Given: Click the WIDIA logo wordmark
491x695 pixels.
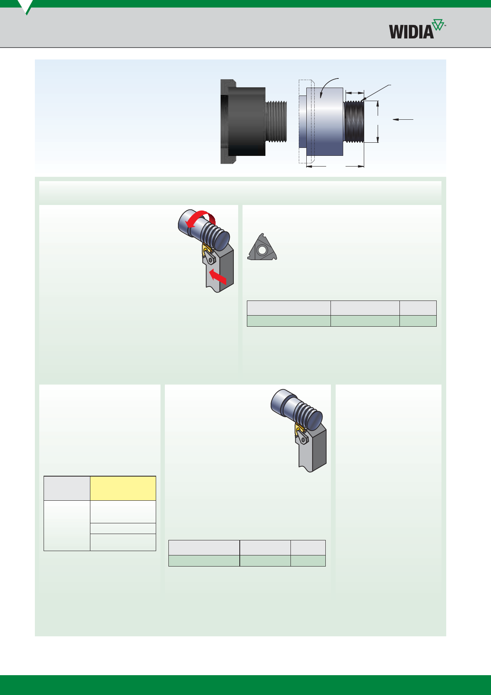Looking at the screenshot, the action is pyautogui.click(x=411, y=31).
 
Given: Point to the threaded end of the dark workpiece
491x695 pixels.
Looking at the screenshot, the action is pyautogui.click(x=275, y=121).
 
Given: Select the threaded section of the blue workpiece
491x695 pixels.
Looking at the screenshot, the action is pyautogui.click(x=353, y=121).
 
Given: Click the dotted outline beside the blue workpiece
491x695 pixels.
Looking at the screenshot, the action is pyautogui.click(x=306, y=121).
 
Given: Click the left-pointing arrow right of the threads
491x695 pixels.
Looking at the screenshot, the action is pyautogui.click(x=403, y=119).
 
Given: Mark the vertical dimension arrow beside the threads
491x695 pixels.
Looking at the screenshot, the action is pyautogui.click(x=378, y=121).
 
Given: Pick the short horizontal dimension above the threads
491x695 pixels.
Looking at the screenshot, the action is pyautogui.click(x=355, y=93).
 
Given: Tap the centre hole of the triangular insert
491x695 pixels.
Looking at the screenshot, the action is pyautogui.click(x=261, y=250).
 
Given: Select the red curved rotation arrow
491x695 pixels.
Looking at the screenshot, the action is pyautogui.click(x=201, y=219).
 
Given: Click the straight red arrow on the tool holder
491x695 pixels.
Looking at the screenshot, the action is pyautogui.click(x=218, y=276).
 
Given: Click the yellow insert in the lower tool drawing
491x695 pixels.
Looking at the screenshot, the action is pyautogui.click(x=299, y=430).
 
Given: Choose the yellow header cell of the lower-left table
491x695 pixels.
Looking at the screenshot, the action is pyautogui.click(x=123, y=488).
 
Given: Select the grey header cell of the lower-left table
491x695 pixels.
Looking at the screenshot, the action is pyautogui.click(x=67, y=488).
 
